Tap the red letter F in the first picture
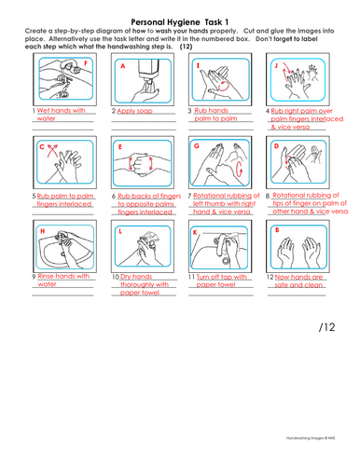87,64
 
